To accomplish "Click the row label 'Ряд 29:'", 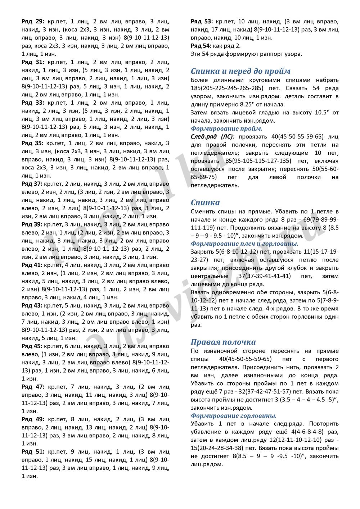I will [33, 22].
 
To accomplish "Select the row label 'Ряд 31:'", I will [33, 62].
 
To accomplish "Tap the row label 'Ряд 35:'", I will [33, 143].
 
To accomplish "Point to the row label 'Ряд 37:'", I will [32, 184].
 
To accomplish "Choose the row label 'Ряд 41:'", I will [32, 265].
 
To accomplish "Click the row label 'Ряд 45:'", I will [32, 346].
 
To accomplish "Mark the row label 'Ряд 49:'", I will [33, 419].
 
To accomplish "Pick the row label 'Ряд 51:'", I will [33, 452].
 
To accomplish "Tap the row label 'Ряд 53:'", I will [202, 22].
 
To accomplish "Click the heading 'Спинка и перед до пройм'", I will [240, 71].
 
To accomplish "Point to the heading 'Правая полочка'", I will [223, 342].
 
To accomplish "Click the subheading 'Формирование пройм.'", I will [226, 128].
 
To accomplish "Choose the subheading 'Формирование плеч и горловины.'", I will [244, 244].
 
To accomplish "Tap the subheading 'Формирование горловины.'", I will [234, 415].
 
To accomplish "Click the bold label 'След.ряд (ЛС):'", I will [212, 137].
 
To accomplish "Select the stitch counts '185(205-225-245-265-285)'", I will [227, 88].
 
